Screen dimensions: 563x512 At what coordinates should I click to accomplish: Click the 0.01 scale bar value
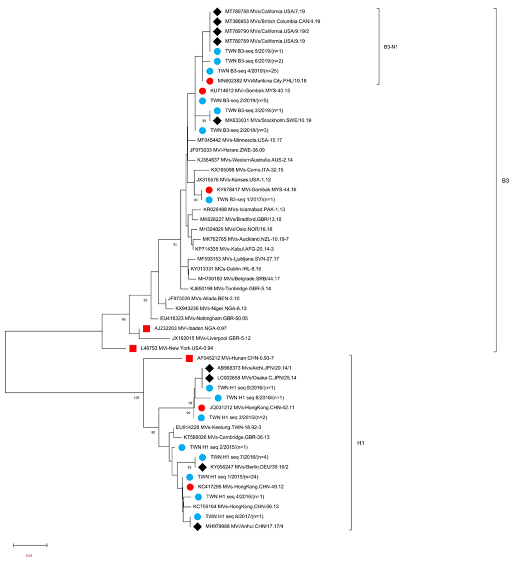click(29, 555)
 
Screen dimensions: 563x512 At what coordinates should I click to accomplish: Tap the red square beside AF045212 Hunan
click(189, 358)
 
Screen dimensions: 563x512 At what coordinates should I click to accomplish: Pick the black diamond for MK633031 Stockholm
click(217, 121)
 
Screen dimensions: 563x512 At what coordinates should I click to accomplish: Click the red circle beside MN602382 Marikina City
click(210, 81)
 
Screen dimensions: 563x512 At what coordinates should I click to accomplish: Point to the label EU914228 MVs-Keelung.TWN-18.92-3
click(218, 427)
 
